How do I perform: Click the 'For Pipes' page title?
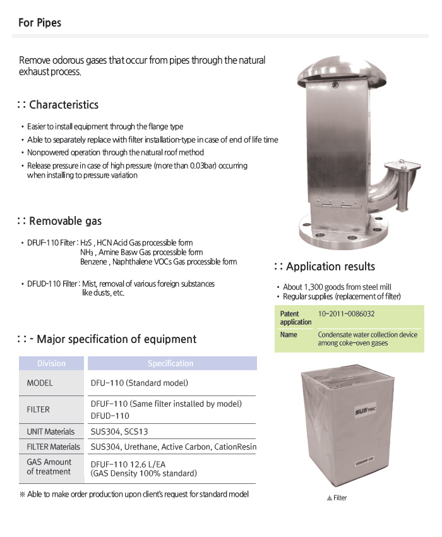coord(40,23)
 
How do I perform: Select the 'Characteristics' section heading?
coord(64,104)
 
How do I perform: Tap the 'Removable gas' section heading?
coord(65,220)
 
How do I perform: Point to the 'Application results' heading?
coord(330,266)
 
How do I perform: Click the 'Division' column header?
coord(51,363)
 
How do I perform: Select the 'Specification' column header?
coord(170,363)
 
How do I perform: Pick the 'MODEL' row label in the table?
coord(40,383)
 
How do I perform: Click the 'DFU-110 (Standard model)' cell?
coord(140,383)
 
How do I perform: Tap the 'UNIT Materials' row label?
coord(51,431)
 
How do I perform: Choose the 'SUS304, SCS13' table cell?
coord(119,431)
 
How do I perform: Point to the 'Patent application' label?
coord(296,317)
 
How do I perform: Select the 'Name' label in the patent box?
coord(289,335)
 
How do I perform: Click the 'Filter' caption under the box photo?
coord(340,498)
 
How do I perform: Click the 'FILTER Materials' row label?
coord(54,447)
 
